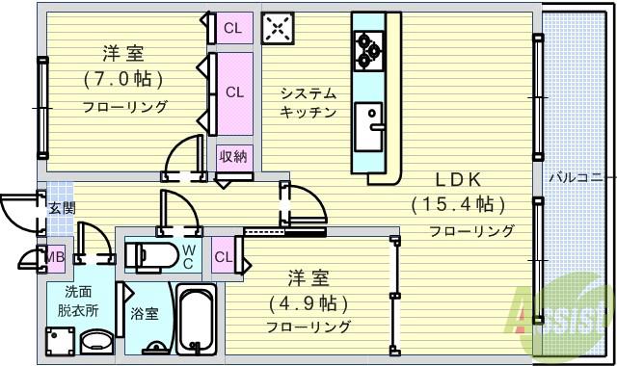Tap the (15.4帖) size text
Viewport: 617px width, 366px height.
coord(458,204)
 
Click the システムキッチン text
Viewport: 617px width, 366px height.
coord(308,102)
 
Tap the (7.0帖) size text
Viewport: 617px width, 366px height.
coord(122,78)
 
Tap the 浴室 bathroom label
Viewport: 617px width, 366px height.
coord(146,313)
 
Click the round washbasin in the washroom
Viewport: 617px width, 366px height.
coord(94,343)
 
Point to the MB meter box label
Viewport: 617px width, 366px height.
coord(54,255)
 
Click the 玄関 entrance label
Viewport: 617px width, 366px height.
coord(61,206)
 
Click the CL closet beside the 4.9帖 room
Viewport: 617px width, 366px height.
coord(222,257)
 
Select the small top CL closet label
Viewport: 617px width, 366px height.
coord(233,27)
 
